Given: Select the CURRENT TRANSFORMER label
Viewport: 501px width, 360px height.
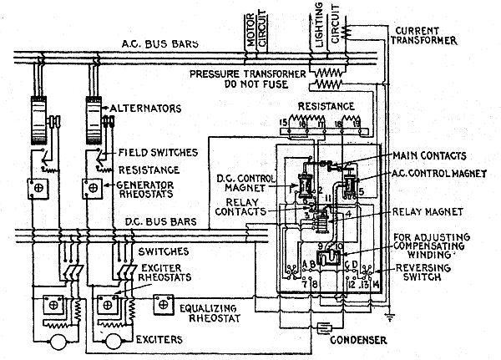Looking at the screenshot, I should [423, 35].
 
